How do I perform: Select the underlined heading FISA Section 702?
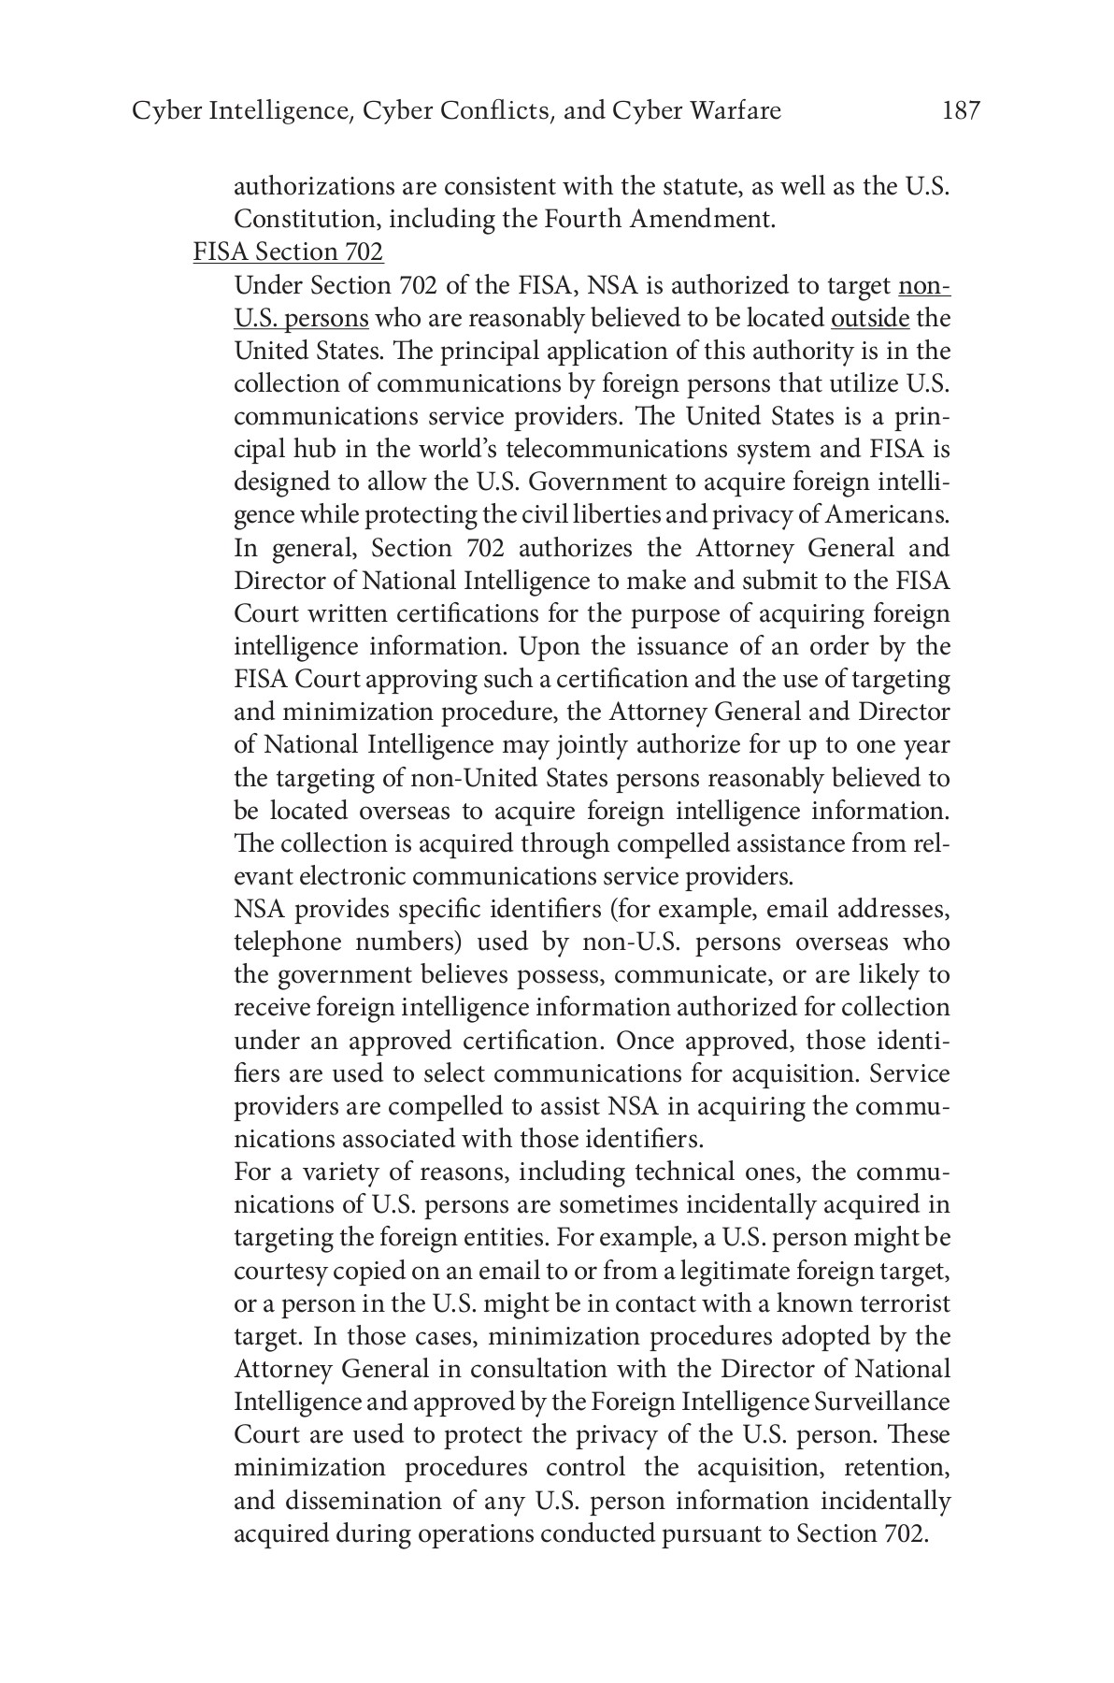[x=288, y=252]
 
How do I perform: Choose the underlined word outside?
[x=869, y=319]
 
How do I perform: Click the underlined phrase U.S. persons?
[x=301, y=319]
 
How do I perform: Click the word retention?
[x=896, y=1468]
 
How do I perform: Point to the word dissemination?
[x=377, y=1501]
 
